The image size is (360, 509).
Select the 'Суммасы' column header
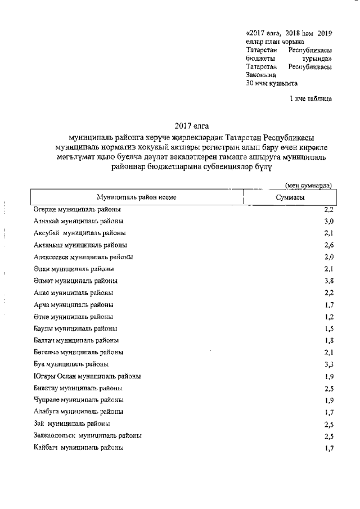pyautogui.click(x=290, y=198)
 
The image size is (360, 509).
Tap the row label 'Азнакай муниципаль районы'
pyautogui.click(x=78, y=221)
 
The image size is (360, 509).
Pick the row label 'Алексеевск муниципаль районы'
pyautogui.click(x=83, y=257)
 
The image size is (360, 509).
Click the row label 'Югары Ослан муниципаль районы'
pyautogui.click(x=87, y=376)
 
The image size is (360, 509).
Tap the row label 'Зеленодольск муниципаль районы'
pyautogui.click(x=88, y=436)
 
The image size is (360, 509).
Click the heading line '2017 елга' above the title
pyautogui.click(x=191, y=125)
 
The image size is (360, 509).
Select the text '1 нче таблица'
pyautogui.click(x=310, y=99)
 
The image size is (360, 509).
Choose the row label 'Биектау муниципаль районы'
pyautogui.click(x=78, y=388)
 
